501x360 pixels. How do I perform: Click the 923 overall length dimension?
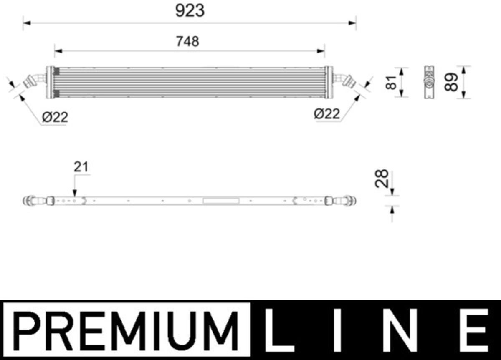[x=190, y=11]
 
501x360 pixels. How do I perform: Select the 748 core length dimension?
[x=187, y=42]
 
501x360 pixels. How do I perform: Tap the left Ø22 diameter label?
[x=55, y=117]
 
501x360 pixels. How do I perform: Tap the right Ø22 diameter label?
[x=327, y=114]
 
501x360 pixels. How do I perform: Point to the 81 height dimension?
[x=391, y=83]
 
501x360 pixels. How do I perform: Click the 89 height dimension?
[x=451, y=82]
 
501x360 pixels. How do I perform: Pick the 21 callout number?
[x=81, y=167]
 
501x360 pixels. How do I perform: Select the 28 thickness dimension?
[x=382, y=178]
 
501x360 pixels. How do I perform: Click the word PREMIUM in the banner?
[x=126, y=331]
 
